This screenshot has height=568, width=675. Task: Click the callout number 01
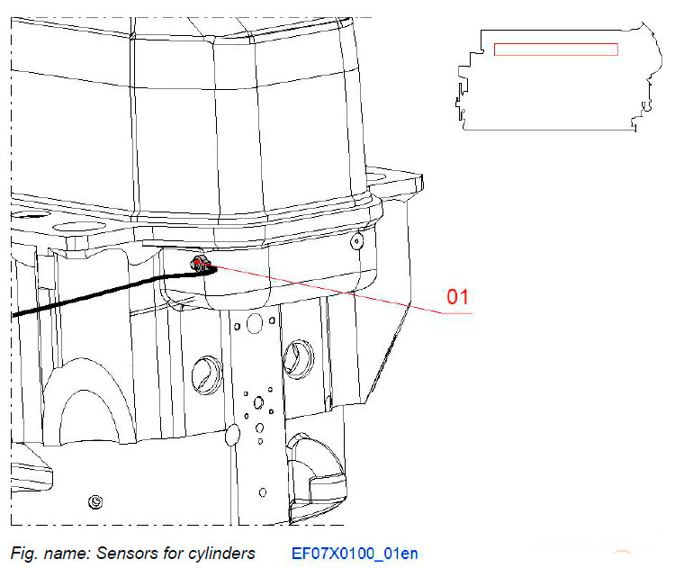click(458, 297)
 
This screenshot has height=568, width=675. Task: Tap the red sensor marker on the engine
click(196, 262)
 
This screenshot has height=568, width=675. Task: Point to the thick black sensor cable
click(90, 298)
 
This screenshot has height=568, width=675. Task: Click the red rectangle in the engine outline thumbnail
click(555, 49)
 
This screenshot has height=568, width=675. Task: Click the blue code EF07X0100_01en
click(355, 553)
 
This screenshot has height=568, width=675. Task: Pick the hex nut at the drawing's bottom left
click(94, 500)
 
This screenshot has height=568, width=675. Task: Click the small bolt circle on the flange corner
click(357, 241)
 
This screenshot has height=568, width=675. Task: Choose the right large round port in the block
click(295, 356)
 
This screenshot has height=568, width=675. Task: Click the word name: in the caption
click(59, 553)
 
